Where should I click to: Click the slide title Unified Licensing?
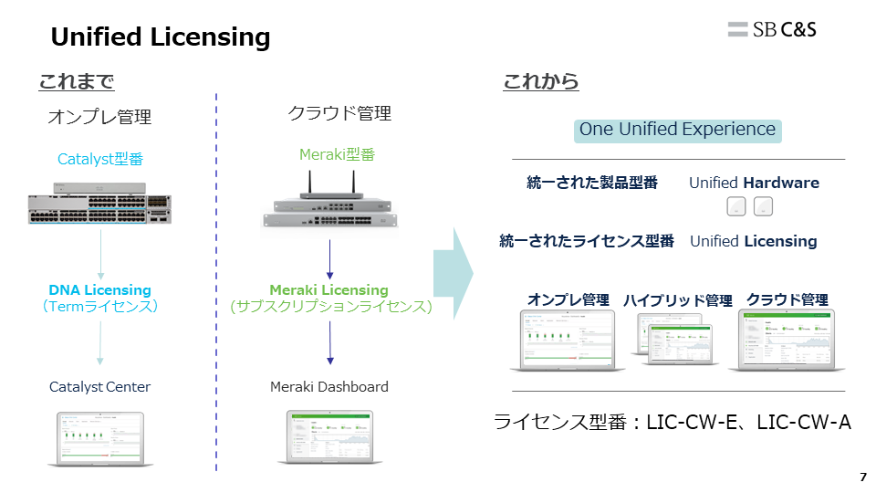click(161, 37)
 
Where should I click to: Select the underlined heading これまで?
click(76, 82)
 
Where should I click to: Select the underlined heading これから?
click(541, 82)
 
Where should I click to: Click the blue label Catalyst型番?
click(100, 160)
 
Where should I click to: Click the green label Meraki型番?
click(337, 154)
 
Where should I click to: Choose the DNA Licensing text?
click(100, 290)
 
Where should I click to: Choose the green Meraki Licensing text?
click(328, 290)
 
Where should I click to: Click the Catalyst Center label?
click(100, 387)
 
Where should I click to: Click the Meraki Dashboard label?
click(328, 387)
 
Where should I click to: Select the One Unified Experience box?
click(678, 130)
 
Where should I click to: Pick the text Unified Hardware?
click(754, 183)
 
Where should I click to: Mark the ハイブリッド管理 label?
click(678, 300)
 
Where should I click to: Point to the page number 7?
click(863, 477)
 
